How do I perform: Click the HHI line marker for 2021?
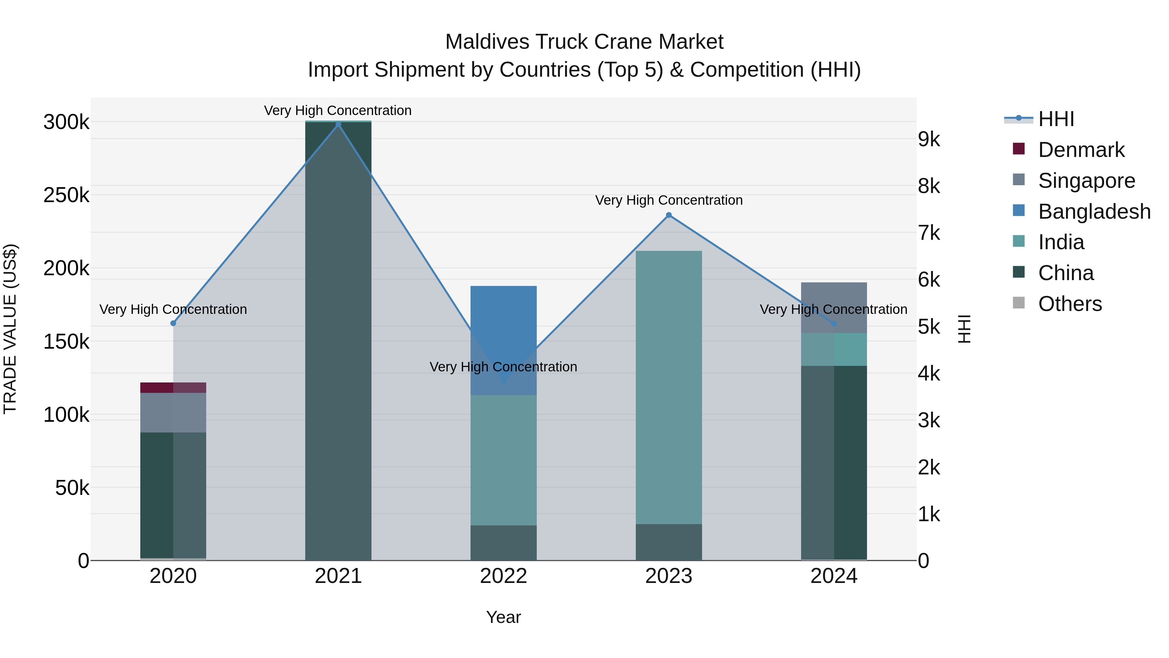tap(338, 124)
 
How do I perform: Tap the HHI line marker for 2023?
tap(669, 215)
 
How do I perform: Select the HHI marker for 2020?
tap(173, 323)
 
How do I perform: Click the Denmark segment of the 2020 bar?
tap(173, 387)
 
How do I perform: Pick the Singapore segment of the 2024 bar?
tap(834, 307)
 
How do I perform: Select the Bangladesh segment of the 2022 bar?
tap(503, 340)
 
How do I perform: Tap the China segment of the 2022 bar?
tap(503, 543)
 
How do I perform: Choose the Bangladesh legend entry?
tap(1094, 212)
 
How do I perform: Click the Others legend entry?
tap(1070, 304)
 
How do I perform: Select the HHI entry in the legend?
tap(1056, 119)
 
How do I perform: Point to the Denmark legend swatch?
tap(1019, 149)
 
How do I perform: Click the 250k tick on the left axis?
tap(66, 195)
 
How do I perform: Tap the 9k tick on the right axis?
tap(929, 139)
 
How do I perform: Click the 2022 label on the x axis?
tap(503, 576)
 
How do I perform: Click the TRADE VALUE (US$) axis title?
tap(10, 329)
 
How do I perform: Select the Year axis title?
tap(503, 617)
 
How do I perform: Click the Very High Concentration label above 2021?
tap(338, 110)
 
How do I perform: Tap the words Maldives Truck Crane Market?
tap(584, 42)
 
